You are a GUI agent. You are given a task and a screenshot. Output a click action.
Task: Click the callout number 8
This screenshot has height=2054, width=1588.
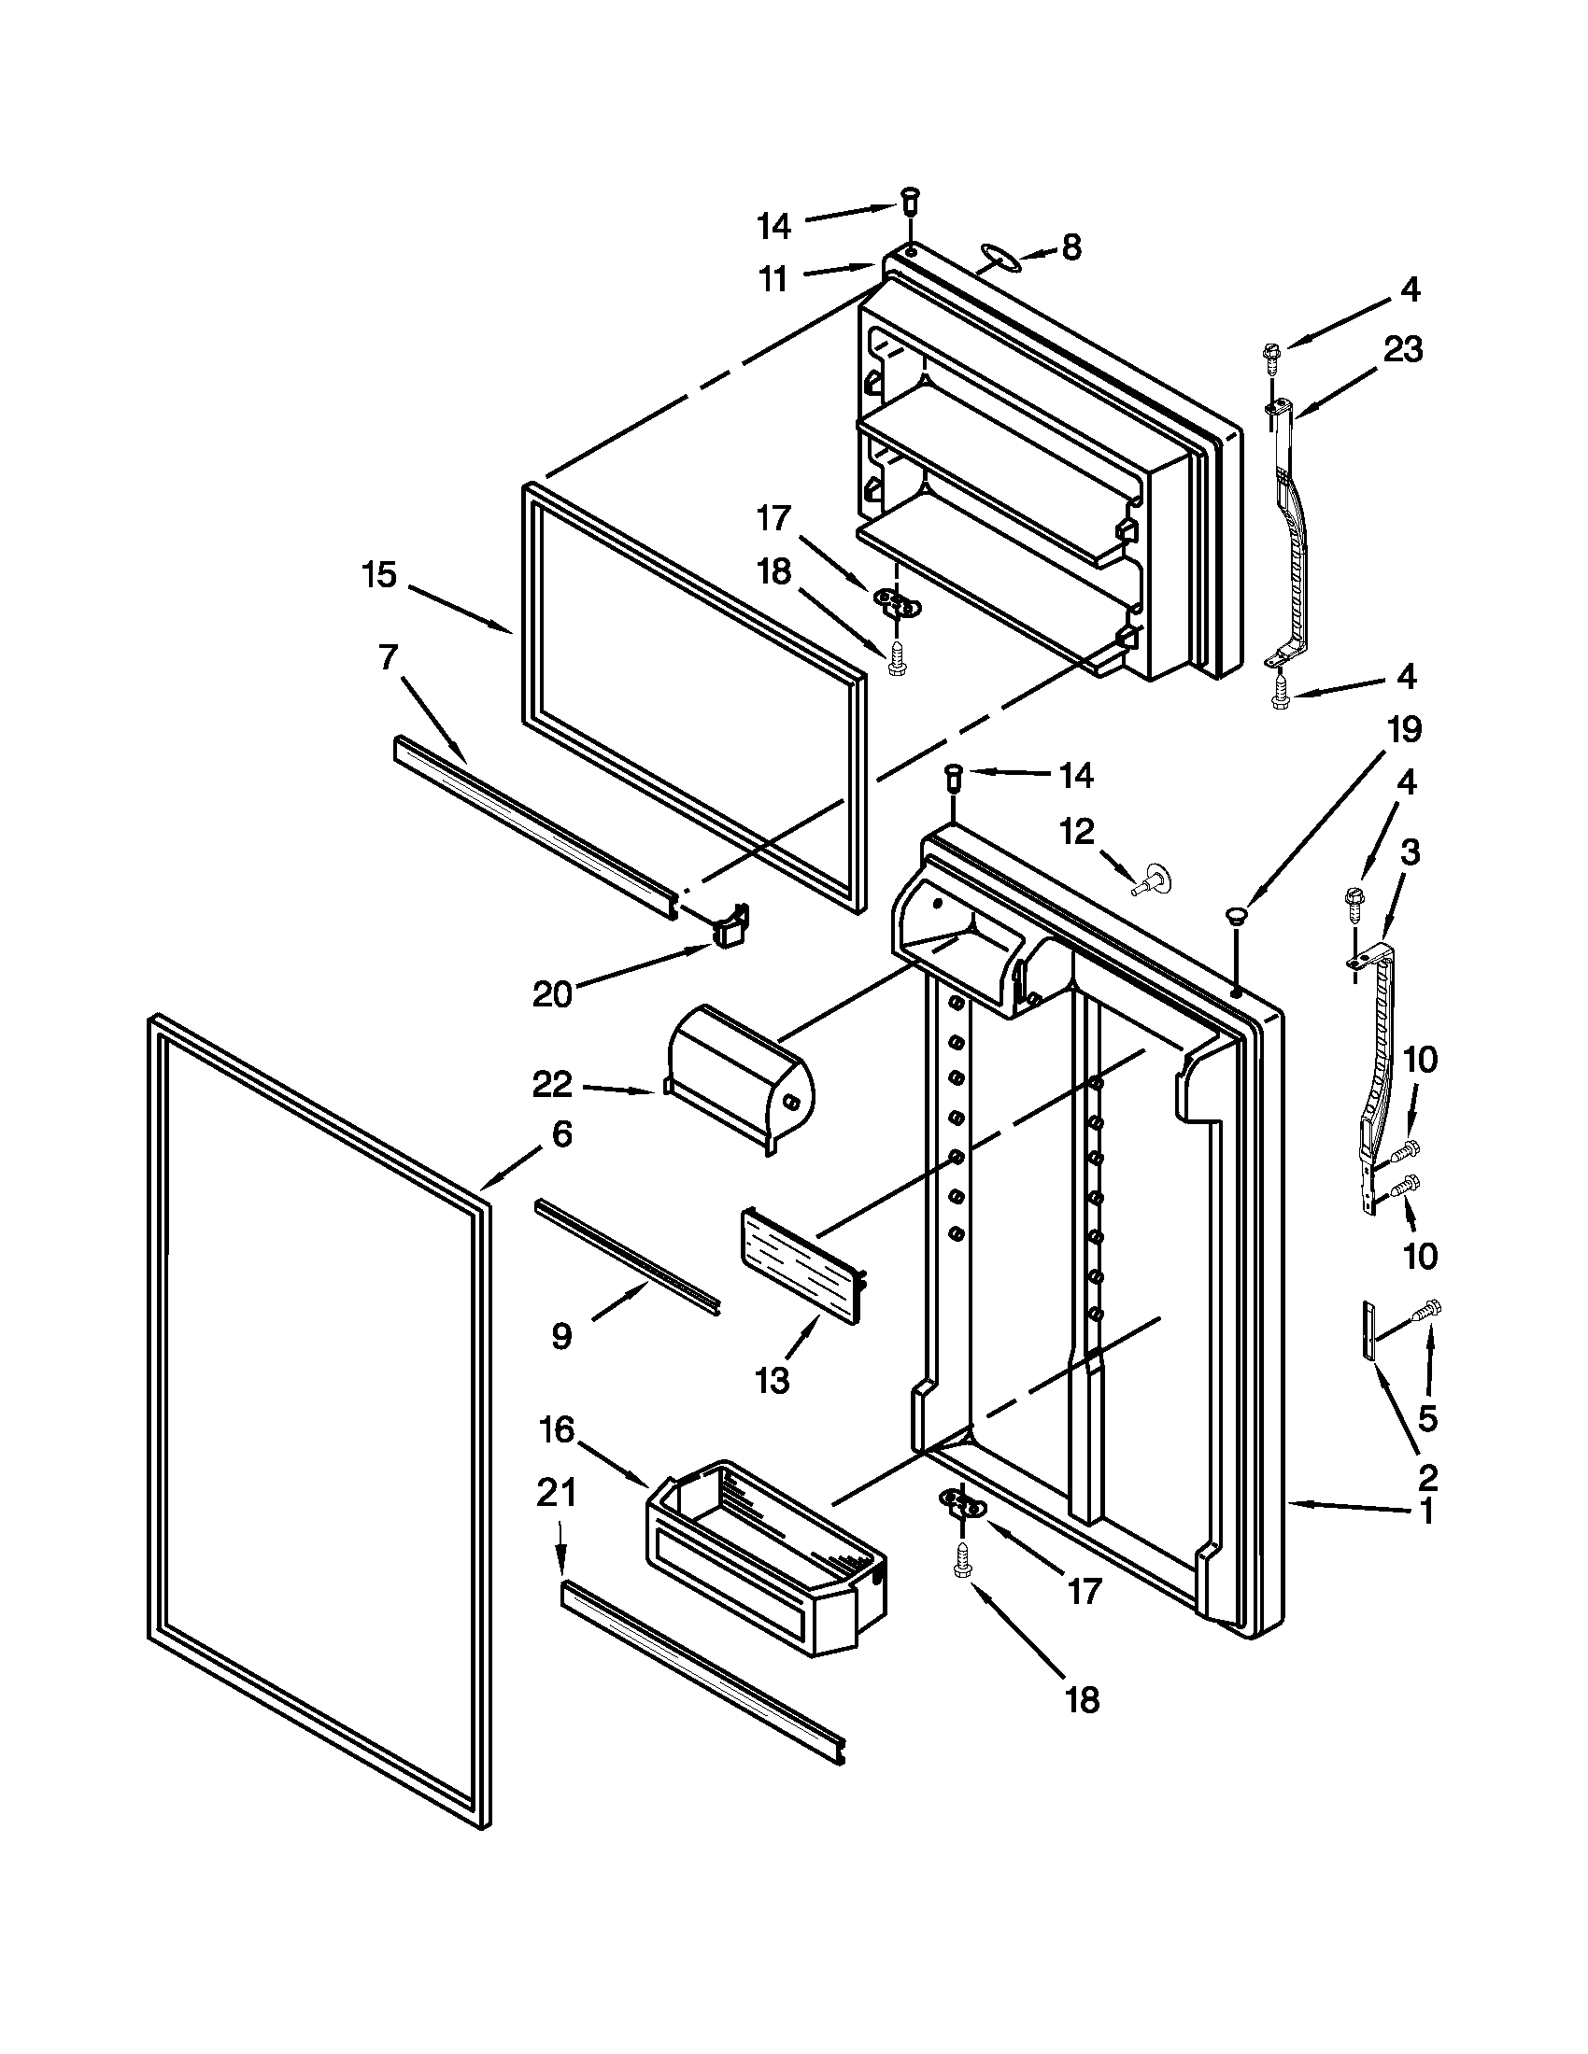pos(1071,247)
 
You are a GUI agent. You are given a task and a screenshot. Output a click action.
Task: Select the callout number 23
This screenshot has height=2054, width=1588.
pos(1403,350)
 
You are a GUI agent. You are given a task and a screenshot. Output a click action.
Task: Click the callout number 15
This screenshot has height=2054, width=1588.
pos(380,574)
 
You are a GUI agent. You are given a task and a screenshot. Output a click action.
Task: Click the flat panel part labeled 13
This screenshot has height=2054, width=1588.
pos(801,1266)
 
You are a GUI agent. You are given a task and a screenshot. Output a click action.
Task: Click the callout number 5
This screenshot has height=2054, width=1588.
pos(1427,1418)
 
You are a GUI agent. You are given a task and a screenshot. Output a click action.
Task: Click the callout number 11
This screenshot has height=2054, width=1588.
pos(773,279)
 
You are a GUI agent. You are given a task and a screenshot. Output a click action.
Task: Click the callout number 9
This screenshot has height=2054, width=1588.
pos(561,1335)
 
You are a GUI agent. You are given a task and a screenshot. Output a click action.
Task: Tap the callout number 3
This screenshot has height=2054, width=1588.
pos(1410,853)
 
